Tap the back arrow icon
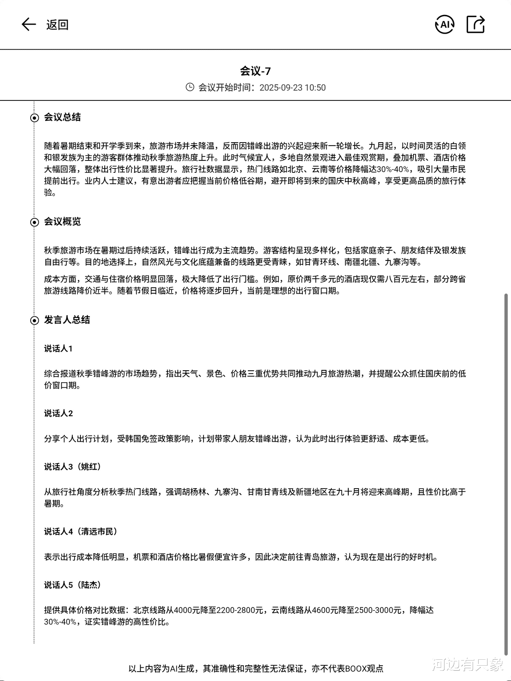29,24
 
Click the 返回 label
57,25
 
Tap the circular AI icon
445,24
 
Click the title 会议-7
255,71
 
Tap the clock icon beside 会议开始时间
190,87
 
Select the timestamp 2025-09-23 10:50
293,88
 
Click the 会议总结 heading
62,117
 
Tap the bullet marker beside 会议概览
34,222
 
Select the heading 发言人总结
67,320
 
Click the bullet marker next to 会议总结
34,118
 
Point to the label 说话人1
58,349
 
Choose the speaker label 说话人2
58,413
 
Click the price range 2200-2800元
240,610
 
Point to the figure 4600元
327,610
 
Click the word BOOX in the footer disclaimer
356,669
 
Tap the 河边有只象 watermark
468,665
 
